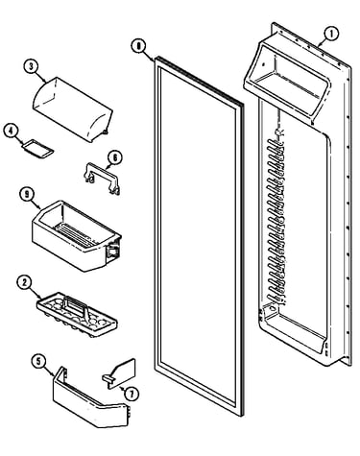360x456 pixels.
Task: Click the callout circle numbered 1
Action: (331, 34)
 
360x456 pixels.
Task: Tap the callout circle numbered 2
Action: (25, 283)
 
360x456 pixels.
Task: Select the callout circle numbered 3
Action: (31, 66)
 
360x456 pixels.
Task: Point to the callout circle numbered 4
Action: (12, 132)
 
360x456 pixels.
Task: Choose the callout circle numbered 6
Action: (115, 157)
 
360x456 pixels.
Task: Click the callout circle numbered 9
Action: (28, 195)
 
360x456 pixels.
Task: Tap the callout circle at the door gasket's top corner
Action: (138, 46)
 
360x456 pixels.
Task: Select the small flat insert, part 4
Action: (37, 149)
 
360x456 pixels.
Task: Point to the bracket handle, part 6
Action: (102, 178)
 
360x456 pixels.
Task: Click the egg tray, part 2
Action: (77, 315)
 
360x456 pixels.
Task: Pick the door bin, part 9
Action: (76, 235)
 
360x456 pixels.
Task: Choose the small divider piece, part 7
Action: (120, 374)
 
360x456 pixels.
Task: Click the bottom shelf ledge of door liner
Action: (293, 328)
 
